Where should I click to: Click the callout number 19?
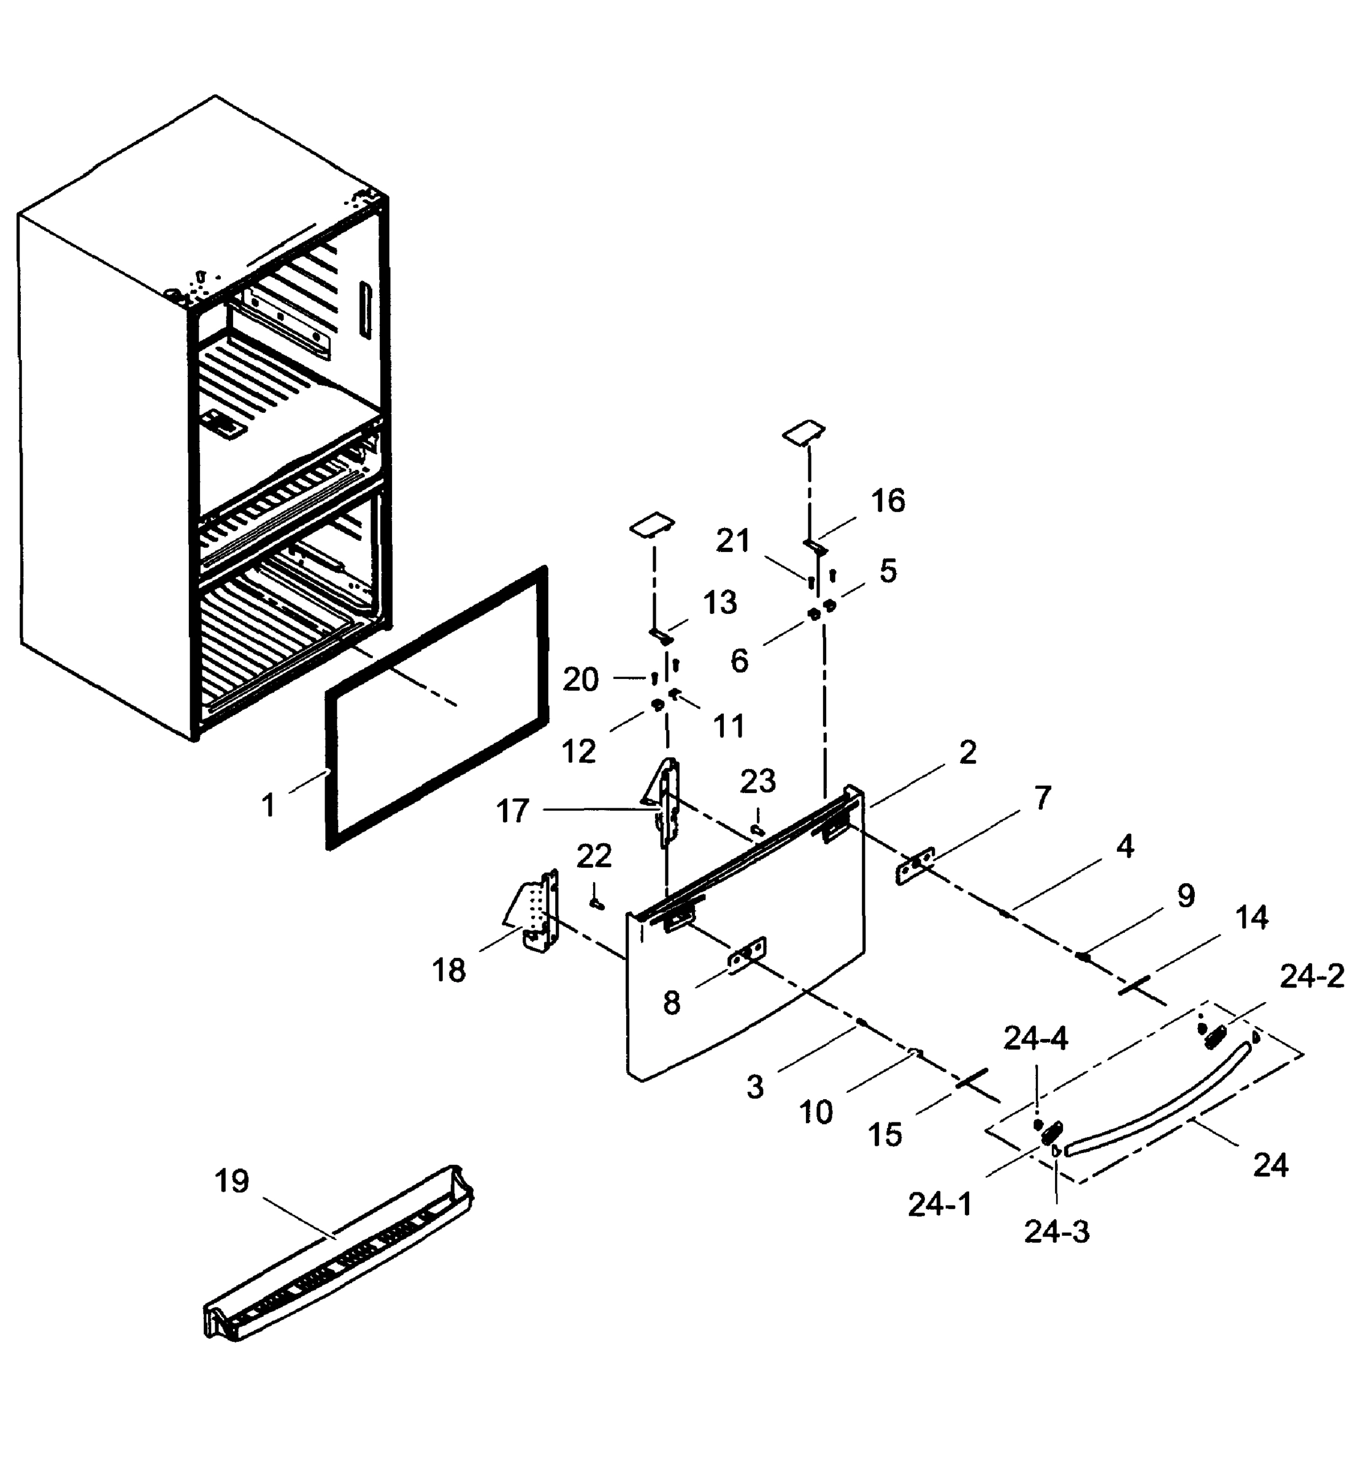(x=231, y=1182)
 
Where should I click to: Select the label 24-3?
(x=1057, y=1232)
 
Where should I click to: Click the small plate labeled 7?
(x=915, y=867)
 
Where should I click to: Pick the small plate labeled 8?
(x=746, y=956)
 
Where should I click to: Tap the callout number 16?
(x=888, y=501)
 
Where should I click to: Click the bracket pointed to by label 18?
(x=541, y=911)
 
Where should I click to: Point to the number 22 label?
(x=594, y=856)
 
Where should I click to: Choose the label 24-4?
(x=1035, y=1038)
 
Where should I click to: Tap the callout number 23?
(x=758, y=781)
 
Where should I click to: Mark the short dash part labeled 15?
(x=972, y=1078)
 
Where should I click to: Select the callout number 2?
(x=968, y=753)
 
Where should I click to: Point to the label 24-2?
(x=1312, y=976)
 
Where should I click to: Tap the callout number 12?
(x=578, y=752)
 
